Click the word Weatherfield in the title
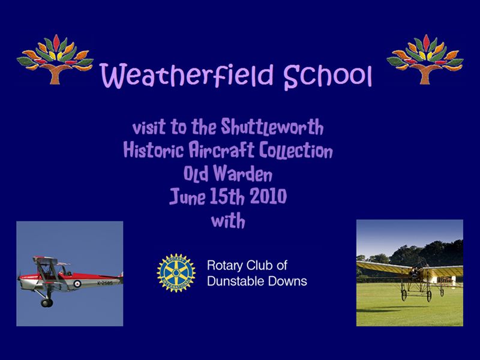187,75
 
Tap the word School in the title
328,77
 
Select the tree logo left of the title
55,59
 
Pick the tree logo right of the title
425,59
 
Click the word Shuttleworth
272,127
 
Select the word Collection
296,151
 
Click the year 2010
268,196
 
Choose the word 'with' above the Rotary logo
229,221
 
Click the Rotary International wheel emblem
176,273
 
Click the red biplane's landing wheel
47,303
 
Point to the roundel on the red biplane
77,284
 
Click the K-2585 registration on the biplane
105,283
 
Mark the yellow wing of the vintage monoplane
410,268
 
